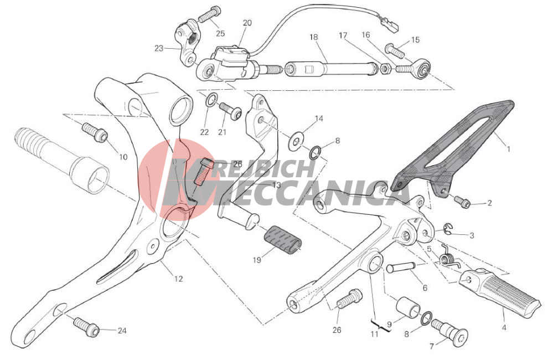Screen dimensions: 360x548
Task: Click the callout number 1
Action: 509,148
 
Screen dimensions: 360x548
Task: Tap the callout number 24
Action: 122,331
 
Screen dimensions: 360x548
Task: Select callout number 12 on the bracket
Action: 178,279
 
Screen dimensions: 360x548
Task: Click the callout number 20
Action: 247,23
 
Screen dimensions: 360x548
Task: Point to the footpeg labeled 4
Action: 501,289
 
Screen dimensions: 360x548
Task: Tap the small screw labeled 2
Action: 462,202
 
